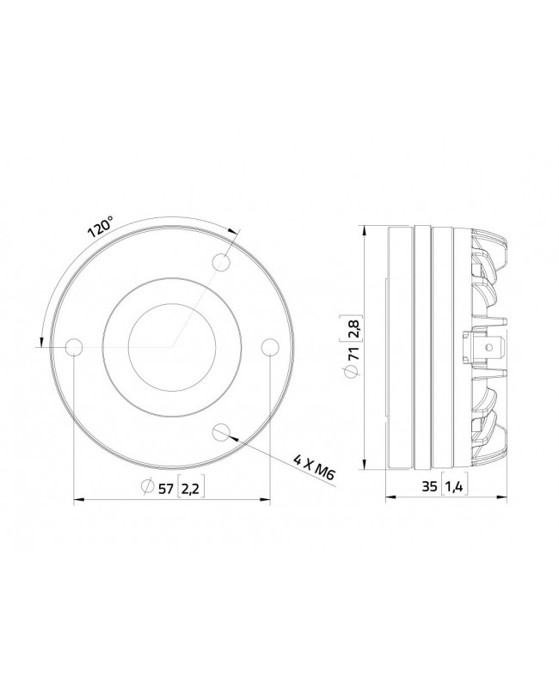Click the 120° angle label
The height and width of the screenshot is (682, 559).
tap(101, 228)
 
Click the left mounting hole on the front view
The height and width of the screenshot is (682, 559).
tap(74, 346)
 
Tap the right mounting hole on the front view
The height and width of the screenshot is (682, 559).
tap(270, 346)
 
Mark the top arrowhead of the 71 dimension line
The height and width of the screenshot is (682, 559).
tap(365, 230)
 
